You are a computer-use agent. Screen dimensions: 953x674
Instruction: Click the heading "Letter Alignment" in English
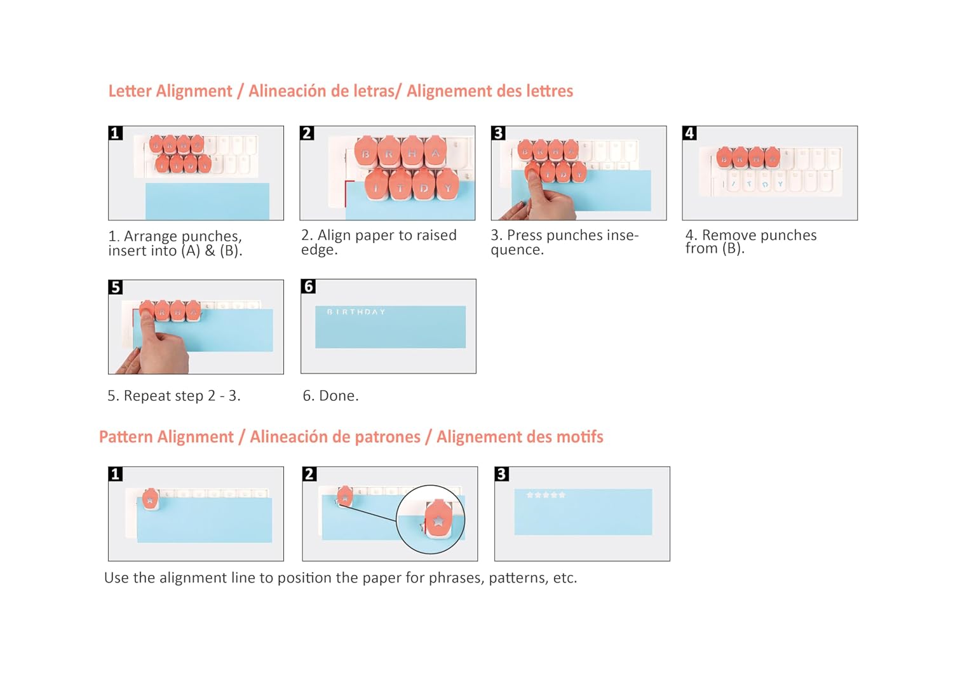pos(170,91)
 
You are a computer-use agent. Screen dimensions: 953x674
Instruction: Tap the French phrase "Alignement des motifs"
pos(520,437)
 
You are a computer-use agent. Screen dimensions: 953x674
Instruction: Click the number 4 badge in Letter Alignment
pos(689,133)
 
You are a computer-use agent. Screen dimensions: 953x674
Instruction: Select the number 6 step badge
pos(308,286)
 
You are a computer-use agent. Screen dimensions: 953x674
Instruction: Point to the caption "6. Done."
pos(330,396)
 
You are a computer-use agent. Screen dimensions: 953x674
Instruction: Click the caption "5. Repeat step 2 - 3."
pos(174,396)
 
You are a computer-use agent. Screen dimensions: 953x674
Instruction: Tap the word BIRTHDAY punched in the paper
pos(356,312)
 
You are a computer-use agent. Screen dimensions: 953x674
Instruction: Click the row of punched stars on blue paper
pos(546,495)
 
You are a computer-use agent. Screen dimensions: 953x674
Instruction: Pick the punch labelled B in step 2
pos(366,151)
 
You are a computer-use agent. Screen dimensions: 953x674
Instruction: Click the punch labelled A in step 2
pos(435,151)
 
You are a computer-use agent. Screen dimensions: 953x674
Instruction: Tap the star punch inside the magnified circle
pos(438,520)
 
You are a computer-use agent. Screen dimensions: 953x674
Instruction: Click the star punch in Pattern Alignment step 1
pos(150,499)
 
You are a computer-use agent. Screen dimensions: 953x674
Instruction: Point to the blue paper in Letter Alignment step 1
pos(207,201)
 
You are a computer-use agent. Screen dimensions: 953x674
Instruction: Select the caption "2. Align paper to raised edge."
pos(379,241)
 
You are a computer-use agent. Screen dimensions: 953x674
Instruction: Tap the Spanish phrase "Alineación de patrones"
pos(335,437)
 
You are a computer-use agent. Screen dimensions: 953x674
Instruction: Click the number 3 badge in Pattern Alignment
pos(502,474)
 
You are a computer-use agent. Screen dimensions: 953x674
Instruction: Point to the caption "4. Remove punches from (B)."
pos(751,241)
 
